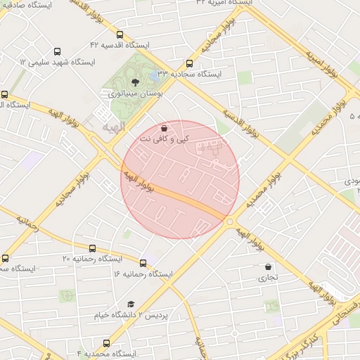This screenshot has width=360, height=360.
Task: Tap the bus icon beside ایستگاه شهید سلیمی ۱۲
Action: pyautogui.click(x=57, y=51)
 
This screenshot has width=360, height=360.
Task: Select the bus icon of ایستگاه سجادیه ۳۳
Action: pyautogui.click(x=188, y=63)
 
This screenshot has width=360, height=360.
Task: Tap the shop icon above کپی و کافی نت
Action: pyautogui.click(x=164, y=128)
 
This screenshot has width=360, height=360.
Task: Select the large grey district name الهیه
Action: pyautogui.click(x=112, y=129)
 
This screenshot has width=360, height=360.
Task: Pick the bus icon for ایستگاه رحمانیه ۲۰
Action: pyautogui.click(x=92, y=248)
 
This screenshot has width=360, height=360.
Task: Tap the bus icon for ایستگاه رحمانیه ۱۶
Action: pyautogui.click(x=143, y=263)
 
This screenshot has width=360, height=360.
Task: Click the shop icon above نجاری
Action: pyautogui.click(x=269, y=266)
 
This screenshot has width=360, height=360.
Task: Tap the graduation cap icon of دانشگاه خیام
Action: pyautogui.click(x=131, y=304)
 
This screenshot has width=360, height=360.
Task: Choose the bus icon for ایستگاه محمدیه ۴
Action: pyautogui.click(x=106, y=343)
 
